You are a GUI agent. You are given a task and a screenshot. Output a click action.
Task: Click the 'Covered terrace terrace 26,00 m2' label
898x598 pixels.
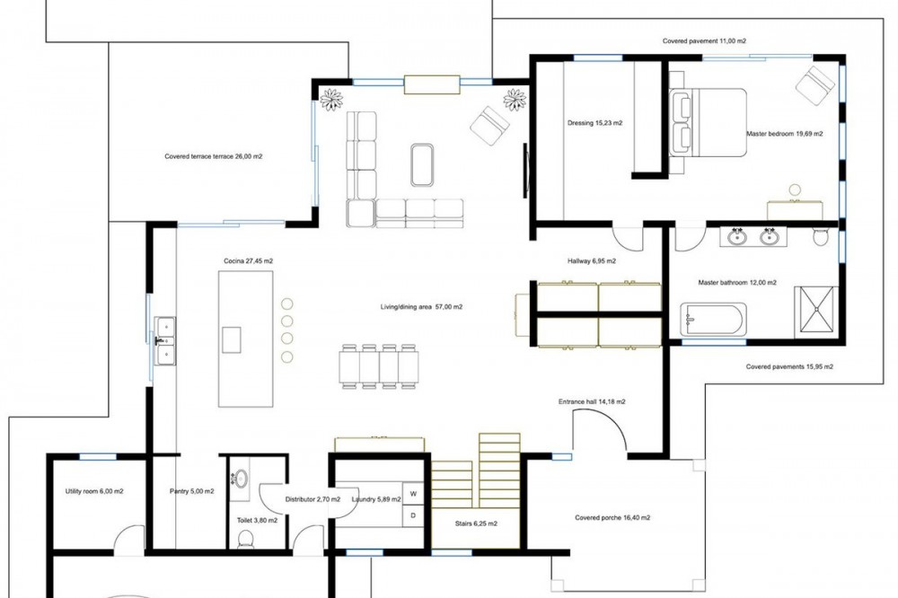(213, 156)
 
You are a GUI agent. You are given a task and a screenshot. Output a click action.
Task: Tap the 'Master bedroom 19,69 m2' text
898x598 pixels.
(784, 134)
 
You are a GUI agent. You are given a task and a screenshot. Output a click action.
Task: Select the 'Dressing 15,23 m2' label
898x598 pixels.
(594, 123)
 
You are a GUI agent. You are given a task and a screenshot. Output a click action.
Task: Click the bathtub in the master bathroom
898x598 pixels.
(714, 320)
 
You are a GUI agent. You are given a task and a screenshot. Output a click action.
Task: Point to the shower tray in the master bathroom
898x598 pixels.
(815, 312)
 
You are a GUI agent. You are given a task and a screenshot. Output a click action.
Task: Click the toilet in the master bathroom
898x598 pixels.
(821, 236)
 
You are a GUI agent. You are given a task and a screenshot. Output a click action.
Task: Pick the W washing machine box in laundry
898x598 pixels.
(413, 494)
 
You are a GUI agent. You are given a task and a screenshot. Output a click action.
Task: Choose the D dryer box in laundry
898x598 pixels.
(413, 515)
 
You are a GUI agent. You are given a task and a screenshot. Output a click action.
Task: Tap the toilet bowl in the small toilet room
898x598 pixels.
(246, 539)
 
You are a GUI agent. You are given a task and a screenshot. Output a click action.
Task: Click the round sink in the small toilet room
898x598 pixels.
(240, 479)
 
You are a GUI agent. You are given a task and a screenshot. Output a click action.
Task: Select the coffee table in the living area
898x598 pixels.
(423, 165)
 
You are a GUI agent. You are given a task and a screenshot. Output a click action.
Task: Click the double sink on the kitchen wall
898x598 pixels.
(164, 341)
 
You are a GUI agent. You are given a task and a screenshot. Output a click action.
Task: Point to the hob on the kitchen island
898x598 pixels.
(232, 339)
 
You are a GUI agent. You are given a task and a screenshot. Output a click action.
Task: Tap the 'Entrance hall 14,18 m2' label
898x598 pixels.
(592, 402)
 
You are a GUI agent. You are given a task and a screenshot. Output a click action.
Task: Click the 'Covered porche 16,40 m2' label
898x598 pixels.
(612, 518)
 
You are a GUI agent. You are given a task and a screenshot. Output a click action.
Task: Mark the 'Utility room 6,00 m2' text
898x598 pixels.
(94, 491)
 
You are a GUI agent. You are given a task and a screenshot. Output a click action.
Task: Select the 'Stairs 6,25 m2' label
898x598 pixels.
(476, 523)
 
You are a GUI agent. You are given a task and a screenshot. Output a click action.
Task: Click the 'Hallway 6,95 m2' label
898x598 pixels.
(592, 261)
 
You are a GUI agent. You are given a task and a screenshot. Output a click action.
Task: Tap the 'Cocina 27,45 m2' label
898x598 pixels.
(248, 261)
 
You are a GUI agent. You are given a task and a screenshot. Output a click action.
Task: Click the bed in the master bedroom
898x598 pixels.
(708, 122)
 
